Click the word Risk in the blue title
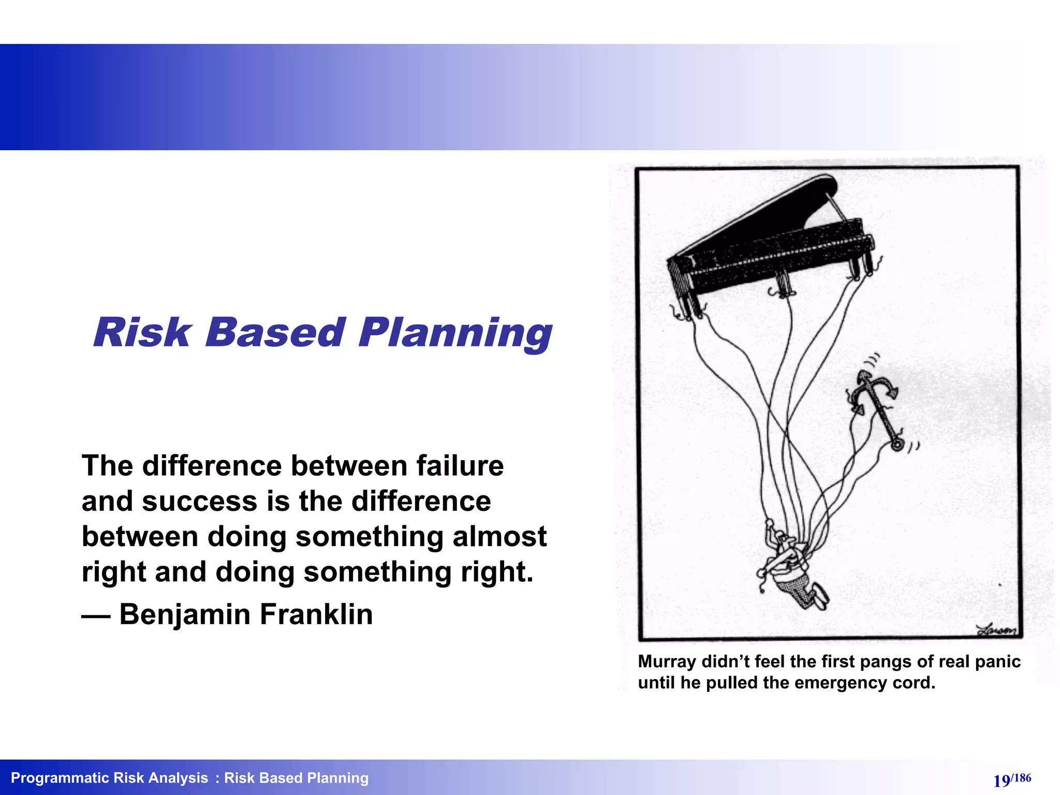pos(142,333)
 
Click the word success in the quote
pos(199,501)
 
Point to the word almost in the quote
pos(499,536)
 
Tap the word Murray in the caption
pos(667,661)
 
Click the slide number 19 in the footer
pos(1001,781)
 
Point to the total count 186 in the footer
pos(1022,777)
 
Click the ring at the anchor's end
pos(897,445)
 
